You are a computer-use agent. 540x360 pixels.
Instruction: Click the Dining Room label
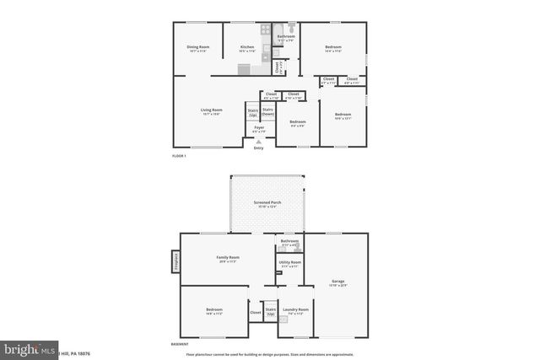pyautogui.click(x=197, y=49)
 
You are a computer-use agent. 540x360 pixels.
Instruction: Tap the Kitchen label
pyautogui.click(x=247, y=49)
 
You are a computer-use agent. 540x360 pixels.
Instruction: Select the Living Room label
pyautogui.click(x=211, y=112)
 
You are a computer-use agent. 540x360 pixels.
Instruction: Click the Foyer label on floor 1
pyautogui.click(x=259, y=129)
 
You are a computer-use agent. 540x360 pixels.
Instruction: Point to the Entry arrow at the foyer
pyautogui.click(x=258, y=142)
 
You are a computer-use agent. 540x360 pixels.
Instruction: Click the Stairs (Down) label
pyautogui.click(x=267, y=111)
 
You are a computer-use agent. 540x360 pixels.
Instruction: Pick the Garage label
pyautogui.click(x=337, y=282)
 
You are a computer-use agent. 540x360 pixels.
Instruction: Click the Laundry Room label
pyautogui.click(x=295, y=311)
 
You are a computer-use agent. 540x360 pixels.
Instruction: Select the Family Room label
pyautogui.click(x=228, y=259)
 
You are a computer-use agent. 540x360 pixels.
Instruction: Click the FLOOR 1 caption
pyautogui.click(x=178, y=156)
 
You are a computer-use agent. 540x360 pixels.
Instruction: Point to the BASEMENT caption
pyautogui.click(x=180, y=344)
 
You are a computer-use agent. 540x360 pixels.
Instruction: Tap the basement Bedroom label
pyautogui.click(x=214, y=311)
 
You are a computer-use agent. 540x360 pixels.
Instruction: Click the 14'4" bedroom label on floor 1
pyautogui.click(x=333, y=49)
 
